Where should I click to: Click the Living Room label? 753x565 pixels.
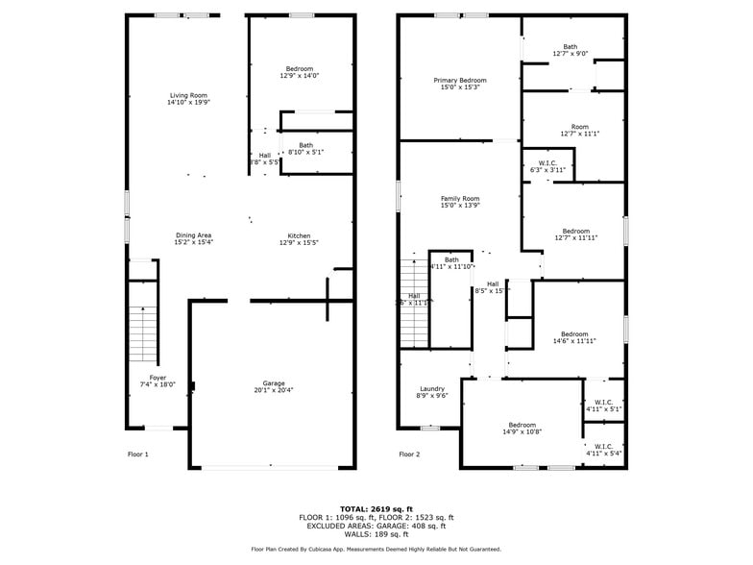(x=188, y=95)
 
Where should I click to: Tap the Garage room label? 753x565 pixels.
(x=274, y=383)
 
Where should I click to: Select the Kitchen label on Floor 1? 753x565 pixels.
(x=298, y=235)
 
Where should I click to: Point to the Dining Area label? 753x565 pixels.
(x=193, y=235)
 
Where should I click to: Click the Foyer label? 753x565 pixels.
(x=158, y=378)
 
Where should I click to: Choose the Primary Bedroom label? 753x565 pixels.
(x=459, y=81)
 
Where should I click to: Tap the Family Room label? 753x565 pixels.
(x=459, y=199)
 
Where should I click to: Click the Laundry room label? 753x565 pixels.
(x=432, y=389)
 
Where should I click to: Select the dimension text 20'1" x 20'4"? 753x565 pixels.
(x=274, y=390)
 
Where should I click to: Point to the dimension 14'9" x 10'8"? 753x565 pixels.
(x=522, y=431)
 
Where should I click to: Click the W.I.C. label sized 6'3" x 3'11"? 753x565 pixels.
(x=547, y=163)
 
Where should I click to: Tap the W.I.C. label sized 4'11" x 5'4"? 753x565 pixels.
(x=603, y=446)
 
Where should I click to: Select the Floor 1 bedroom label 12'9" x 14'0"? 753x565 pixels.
(x=299, y=69)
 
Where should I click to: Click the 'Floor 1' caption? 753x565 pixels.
(x=138, y=454)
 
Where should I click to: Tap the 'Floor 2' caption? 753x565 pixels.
(x=410, y=454)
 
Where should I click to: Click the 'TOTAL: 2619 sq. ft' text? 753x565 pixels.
(x=376, y=508)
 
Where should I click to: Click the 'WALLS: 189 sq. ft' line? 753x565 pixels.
(x=376, y=534)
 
